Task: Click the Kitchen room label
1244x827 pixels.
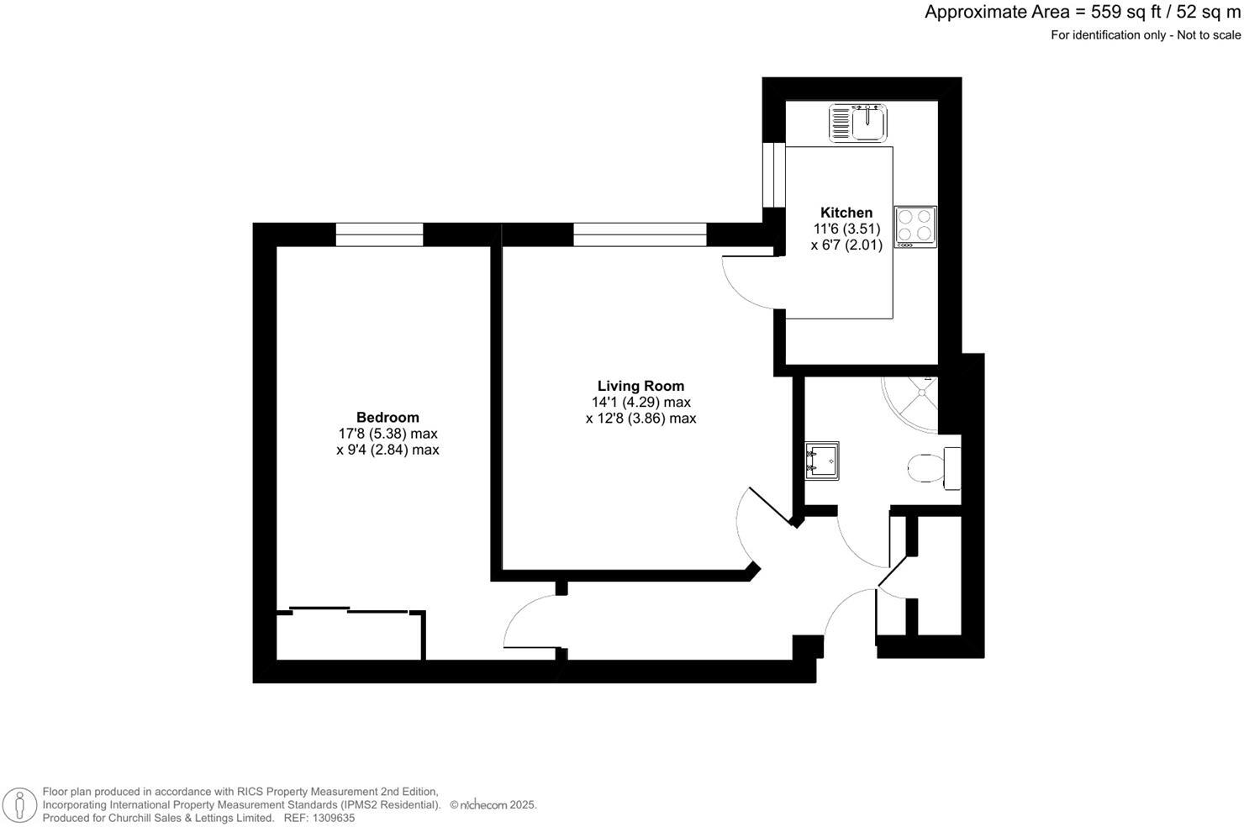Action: [846, 213]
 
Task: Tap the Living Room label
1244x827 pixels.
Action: [640, 386]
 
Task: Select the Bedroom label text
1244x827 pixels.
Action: [387, 417]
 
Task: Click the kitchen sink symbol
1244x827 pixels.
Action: [857, 123]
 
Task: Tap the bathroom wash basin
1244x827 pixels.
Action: [821, 461]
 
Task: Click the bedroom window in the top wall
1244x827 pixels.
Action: [379, 234]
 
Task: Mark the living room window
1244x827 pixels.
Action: [640, 234]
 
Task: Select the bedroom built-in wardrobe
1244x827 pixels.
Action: [350, 635]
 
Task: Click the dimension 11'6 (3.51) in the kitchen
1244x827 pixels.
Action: [846, 229]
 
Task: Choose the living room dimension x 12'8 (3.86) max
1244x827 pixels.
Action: [640, 419]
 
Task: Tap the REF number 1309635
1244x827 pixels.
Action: [334, 818]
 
